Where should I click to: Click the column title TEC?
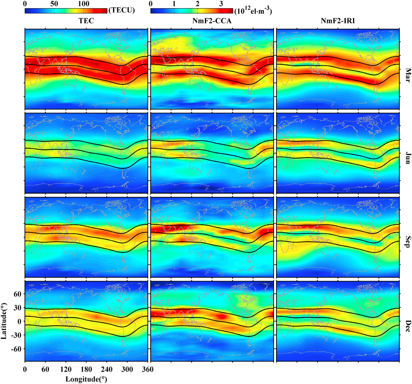(x=86, y=21)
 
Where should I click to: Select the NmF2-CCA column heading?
(x=212, y=21)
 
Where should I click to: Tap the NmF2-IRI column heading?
(x=337, y=21)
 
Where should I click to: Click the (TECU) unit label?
(x=122, y=10)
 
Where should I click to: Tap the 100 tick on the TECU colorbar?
(x=84, y=4)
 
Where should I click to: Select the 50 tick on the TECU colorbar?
(x=55, y=4)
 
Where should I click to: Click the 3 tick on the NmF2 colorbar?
(x=221, y=4)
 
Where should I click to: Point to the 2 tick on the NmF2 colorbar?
(x=198, y=4)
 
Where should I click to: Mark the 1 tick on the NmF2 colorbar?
(x=174, y=4)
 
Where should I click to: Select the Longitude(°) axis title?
(x=86, y=379)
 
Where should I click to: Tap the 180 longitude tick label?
(x=86, y=370)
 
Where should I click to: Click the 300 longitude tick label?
(x=127, y=370)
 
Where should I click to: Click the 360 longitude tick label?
(x=148, y=370)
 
